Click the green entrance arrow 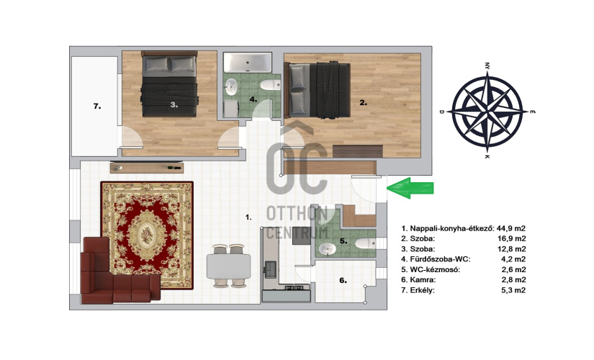tap(410, 188)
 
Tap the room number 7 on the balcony tap(97, 107)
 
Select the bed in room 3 tap(169, 84)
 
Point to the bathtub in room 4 tap(248, 63)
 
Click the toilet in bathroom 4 tap(270, 85)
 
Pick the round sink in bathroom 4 tap(230, 87)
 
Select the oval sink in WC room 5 tap(328, 248)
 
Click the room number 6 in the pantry tap(343, 280)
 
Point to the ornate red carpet tap(147, 235)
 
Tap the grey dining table tap(228, 266)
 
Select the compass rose tap(487, 112)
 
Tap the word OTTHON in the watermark tap(297, 214)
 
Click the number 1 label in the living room tap(248, 217)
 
